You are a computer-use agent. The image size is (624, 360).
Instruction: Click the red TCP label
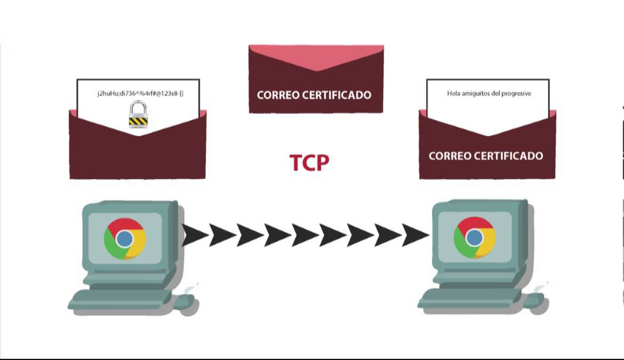tap(309, 163)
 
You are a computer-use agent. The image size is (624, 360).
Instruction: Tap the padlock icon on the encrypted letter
tap(138, 115)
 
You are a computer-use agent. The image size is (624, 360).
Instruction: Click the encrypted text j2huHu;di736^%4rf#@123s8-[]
tap(141, 93)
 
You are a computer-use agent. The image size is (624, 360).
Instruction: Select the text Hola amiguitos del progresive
tap(489, 93)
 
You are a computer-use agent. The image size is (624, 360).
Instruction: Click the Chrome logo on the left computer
tap(124, 239)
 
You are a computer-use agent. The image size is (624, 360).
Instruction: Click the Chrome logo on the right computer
tap(474, 238)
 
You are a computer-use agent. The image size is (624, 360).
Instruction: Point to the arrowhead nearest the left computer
tap(195, 235)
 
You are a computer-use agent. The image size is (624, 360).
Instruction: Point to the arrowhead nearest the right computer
tap(416, 235)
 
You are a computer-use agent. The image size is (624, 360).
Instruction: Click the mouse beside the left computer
tap(187, 302)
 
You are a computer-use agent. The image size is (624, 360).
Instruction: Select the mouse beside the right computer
tap(537, 301)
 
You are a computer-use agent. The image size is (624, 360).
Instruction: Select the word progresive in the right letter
tap(517, 94)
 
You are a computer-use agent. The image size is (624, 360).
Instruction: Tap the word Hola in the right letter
tap(453, 93)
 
